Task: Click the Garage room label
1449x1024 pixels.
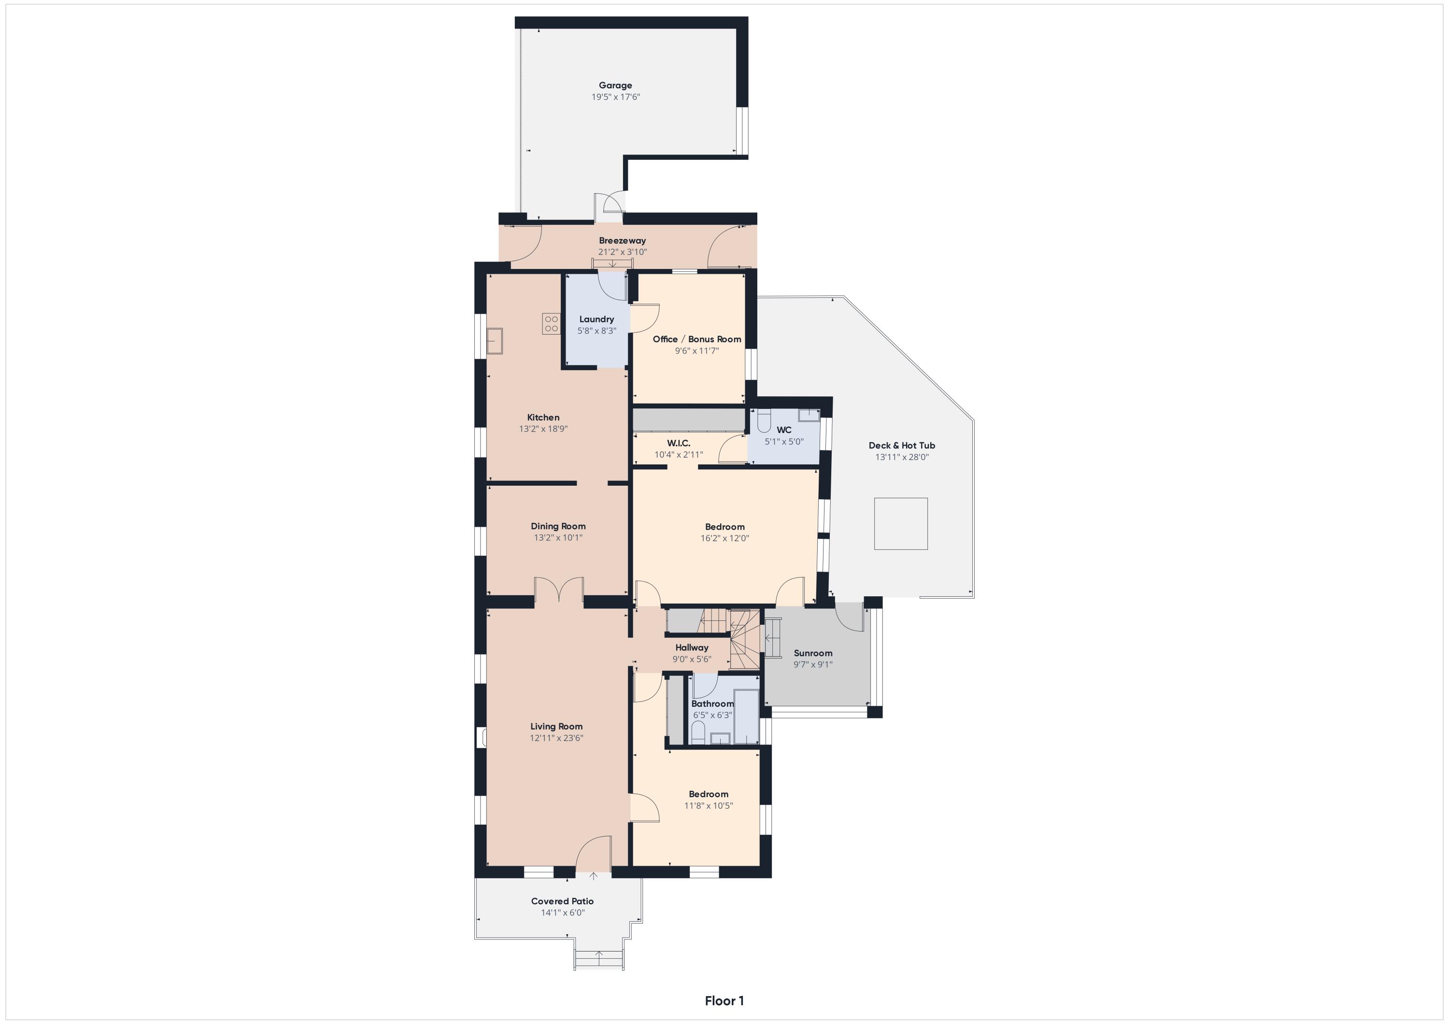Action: (615, 85)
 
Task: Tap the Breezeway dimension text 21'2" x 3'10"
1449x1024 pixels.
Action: (622, 252)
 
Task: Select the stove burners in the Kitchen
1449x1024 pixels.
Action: (551, 323)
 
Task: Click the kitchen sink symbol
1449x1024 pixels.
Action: (495, 341)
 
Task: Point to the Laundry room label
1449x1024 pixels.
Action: (597, 319)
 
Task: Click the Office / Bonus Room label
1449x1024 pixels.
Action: (697, 339)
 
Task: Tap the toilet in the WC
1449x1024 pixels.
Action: (764, 421)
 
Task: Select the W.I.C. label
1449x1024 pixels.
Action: (679, 443)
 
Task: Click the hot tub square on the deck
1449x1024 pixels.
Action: (901, 524)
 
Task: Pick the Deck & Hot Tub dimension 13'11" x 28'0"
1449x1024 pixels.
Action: (902, 457)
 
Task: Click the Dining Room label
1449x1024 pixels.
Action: (558, 526)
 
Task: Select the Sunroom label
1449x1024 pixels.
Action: (813, 653)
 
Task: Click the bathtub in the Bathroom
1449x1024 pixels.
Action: (746, 717)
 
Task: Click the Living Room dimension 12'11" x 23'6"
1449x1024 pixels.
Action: (556, 738)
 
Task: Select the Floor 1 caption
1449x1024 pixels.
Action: (724, 1001)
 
